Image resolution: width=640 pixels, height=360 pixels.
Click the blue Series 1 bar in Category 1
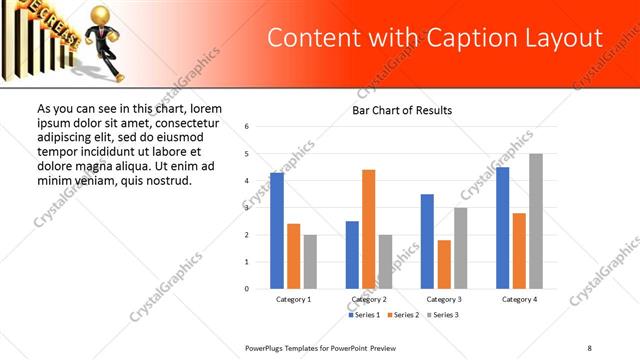(277, 231)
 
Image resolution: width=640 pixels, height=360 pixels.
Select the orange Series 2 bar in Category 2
(368, 229)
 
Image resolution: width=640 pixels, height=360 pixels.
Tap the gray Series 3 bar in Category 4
(536, 221)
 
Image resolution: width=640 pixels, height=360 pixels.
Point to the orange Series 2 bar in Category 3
(444, 264)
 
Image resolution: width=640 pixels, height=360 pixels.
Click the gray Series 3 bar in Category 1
(310, 262)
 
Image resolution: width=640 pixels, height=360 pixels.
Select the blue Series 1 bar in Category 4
(503, 228)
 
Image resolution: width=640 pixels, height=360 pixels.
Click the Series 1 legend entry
(365, 315)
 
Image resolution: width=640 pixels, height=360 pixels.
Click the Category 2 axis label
(369, 299)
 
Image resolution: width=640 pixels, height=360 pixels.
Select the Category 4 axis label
(519, 299)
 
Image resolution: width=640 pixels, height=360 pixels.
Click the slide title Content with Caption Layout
(435, 39)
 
